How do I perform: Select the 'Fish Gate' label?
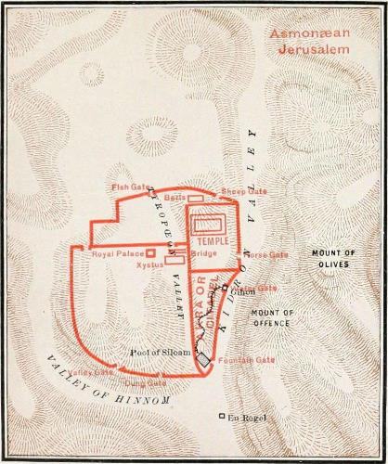point(131,187)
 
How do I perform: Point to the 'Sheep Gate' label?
point(243,191)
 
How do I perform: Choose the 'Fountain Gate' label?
point(246,359)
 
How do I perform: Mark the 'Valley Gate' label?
point(91,373)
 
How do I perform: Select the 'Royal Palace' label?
point(115,253)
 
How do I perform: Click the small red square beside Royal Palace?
point(150,252)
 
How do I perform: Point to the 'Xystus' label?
point(149,264)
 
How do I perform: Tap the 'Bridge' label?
point(203,253)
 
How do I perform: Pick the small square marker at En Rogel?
point(221,416)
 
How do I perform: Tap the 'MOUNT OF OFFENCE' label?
point(272,317)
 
